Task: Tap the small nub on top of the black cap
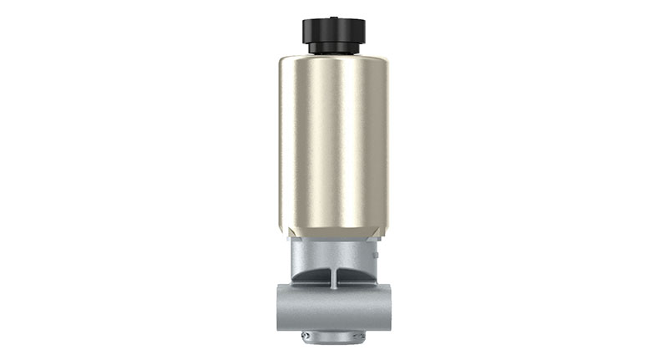(x=334, y=15)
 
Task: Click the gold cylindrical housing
(x=333, y=142)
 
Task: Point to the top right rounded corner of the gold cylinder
(x=383, y=61)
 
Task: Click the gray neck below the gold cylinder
(x=333, y=251)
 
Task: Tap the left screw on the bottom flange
(x=306, y=336)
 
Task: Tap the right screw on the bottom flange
(x=361, y=336)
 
